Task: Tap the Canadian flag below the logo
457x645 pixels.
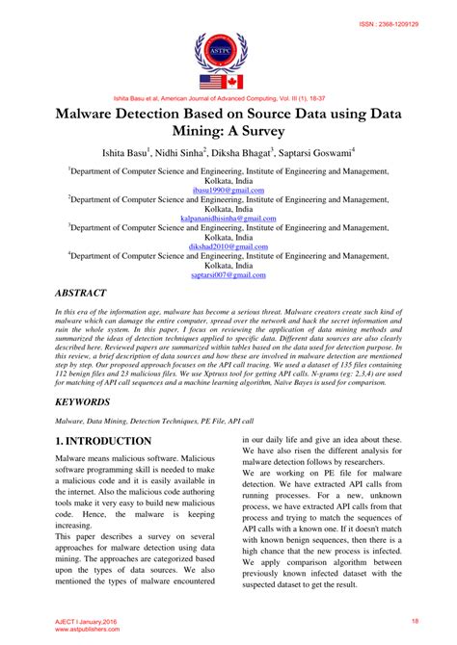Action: tap(235, 82)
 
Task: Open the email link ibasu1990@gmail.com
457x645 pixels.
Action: tap(228, 192)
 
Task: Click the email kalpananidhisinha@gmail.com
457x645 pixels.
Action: tap(228, 219)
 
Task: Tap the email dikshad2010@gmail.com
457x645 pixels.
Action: tap(228, 246)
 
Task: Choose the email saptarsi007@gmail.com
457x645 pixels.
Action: tap(228, 274)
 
